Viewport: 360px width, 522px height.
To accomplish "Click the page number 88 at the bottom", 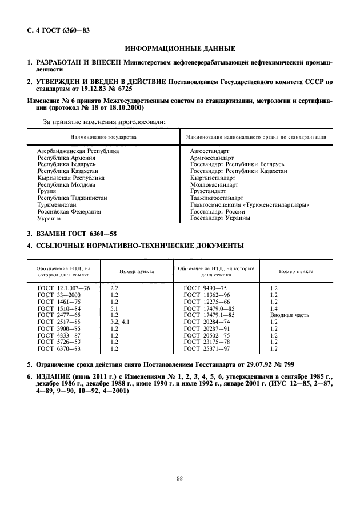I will (179, 479).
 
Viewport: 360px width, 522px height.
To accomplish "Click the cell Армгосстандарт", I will (212, 158).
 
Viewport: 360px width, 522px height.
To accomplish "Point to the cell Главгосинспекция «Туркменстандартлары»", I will (250, 204).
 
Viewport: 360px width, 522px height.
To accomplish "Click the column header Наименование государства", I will (103, 138).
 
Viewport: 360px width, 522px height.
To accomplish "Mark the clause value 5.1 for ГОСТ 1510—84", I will (114, 308).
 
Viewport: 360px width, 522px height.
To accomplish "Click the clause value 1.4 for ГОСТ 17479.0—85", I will (273, 308).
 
